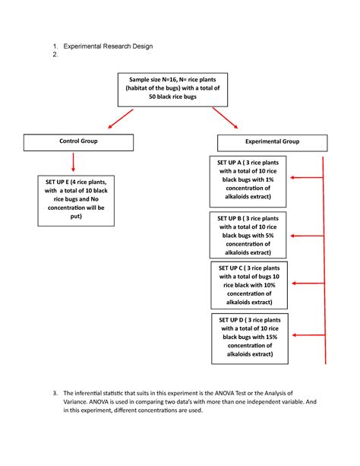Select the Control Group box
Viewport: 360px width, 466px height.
[74, 141]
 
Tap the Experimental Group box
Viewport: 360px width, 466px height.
[272, 142]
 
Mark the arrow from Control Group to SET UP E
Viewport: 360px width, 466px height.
[73, 162]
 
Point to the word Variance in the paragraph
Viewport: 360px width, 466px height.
[79, 402]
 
